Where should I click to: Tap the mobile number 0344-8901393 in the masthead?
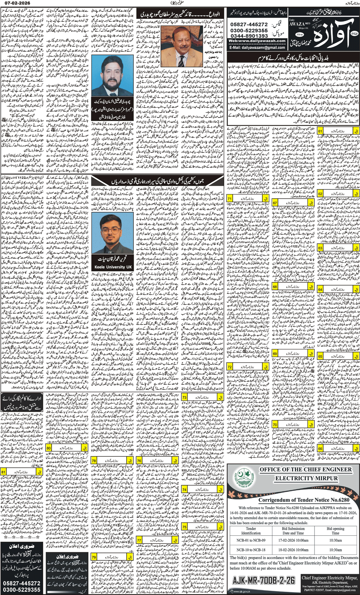pos(249,36)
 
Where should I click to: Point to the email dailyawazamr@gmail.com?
pos(257,47)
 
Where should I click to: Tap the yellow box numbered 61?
pos(320,131)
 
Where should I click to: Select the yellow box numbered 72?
pos(230,367)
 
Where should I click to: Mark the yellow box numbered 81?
pos(4,472)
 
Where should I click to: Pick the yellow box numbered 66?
pos(320,449)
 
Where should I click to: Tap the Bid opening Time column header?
pos(335,531)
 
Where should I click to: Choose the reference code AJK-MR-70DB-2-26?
pos(263,580)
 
